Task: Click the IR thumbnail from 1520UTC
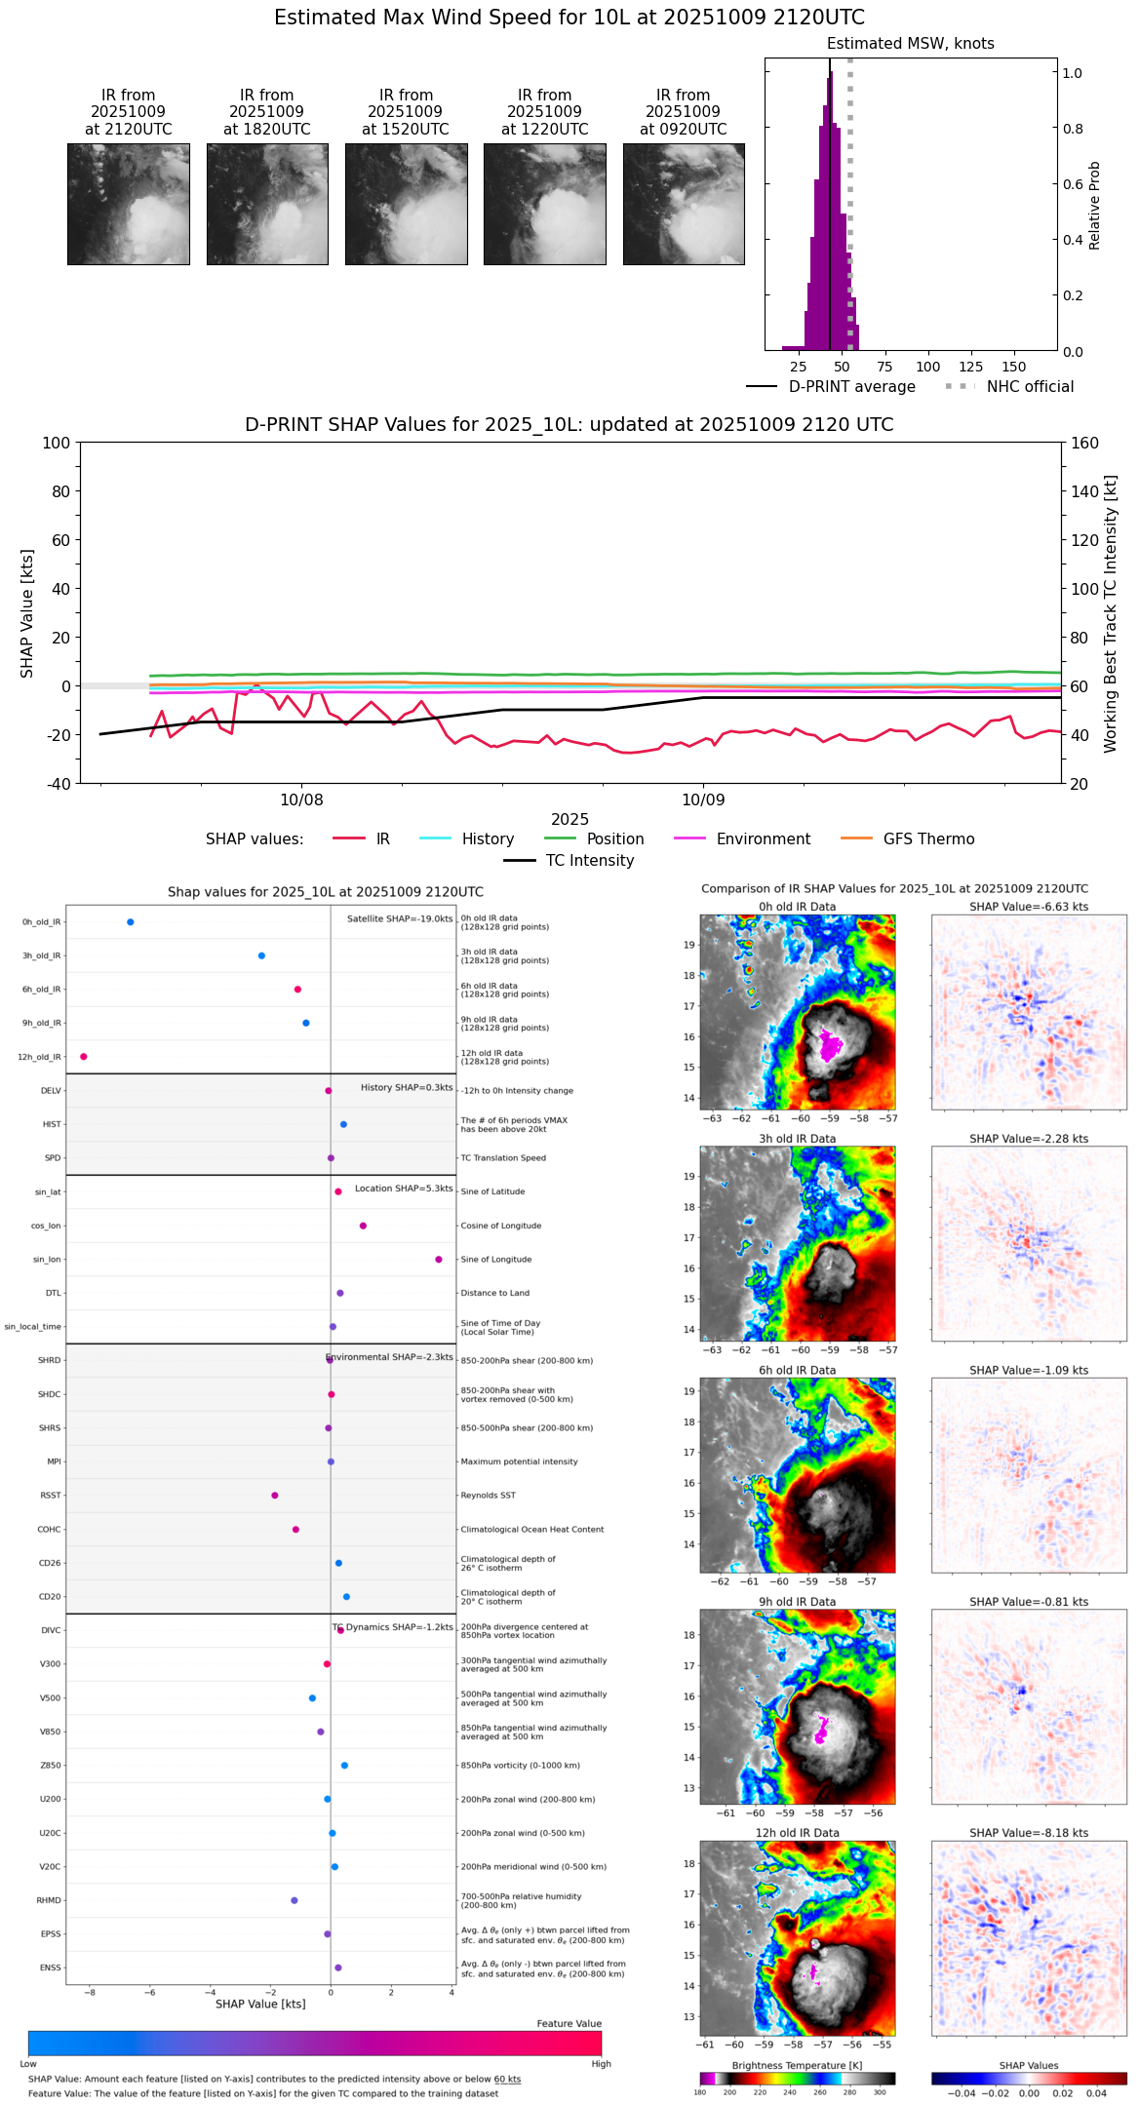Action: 406,204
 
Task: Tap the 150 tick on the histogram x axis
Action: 1014,367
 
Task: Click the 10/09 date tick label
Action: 703,800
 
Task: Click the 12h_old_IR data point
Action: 84,1057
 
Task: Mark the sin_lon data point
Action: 439,1260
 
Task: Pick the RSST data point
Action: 275,1496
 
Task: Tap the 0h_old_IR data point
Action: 131,922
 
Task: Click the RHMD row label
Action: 50,1900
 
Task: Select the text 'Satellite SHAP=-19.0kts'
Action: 400,919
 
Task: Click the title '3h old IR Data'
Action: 797,1139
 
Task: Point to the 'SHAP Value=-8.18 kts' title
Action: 1029,1833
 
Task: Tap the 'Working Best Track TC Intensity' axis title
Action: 1111,613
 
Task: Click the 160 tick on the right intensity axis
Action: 1084,443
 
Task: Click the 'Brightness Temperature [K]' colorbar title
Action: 797,2065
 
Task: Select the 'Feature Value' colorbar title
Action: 569,2024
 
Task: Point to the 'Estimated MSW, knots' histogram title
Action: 911,44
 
